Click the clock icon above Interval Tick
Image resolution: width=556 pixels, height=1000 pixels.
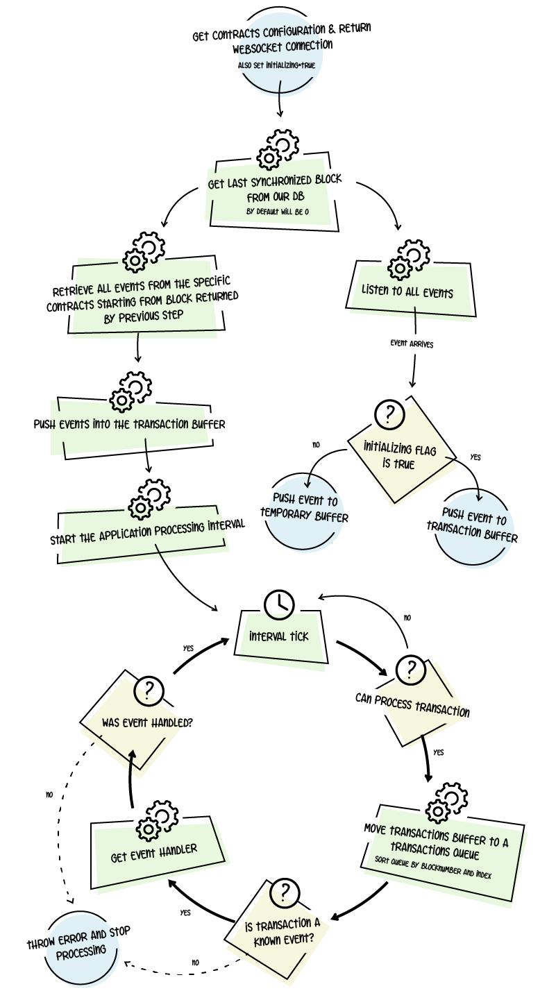(279, 604)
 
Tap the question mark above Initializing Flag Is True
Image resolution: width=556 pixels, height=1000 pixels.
(389, 414)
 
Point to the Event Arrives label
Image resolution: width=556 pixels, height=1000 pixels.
(412, 343)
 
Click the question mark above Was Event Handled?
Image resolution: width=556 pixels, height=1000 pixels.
(149, 691)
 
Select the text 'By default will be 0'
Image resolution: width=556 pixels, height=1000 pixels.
(278, 211)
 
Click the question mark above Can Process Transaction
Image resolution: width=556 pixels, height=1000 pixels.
(411, 670)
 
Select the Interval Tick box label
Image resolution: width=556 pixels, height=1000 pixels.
(278, 636)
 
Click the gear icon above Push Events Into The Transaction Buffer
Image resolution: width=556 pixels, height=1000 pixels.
(131, 391)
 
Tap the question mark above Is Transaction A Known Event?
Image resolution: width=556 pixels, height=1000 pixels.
(285, 893)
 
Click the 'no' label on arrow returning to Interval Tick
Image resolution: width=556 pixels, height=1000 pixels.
(407, 617)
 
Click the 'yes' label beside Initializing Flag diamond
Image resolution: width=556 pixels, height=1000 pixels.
(475, 457)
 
